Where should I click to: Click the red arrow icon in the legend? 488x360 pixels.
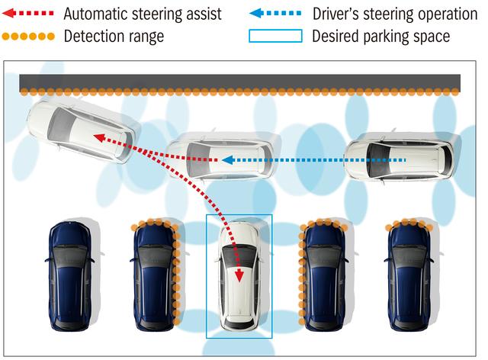coord(28,14)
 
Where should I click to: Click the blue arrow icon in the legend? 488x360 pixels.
coord(275,14)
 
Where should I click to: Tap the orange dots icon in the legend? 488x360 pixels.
coord(28,37)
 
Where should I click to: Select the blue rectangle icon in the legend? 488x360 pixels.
coord(275,36)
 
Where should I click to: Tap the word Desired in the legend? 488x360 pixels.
coord(335,36)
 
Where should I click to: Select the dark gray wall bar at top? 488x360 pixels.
coord(239,82)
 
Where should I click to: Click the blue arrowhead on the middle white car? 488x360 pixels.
coord(228,160)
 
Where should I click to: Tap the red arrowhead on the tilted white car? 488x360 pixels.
coord(100,137)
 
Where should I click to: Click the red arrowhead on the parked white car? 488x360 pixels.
coord(239,276)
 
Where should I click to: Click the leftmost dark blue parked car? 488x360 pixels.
coord(70,276)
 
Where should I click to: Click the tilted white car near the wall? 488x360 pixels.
coord(82,131)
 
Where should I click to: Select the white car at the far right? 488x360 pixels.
coord(400,159)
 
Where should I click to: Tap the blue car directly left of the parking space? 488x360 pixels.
coord(155,276)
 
